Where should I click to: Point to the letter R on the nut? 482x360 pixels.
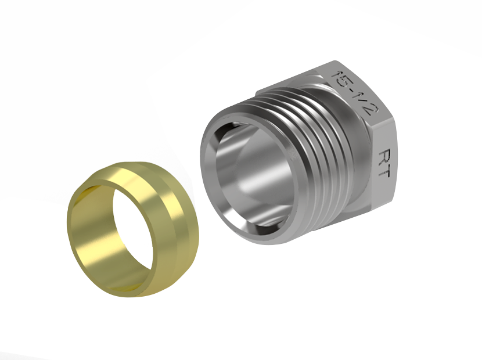[x=385, y=157]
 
